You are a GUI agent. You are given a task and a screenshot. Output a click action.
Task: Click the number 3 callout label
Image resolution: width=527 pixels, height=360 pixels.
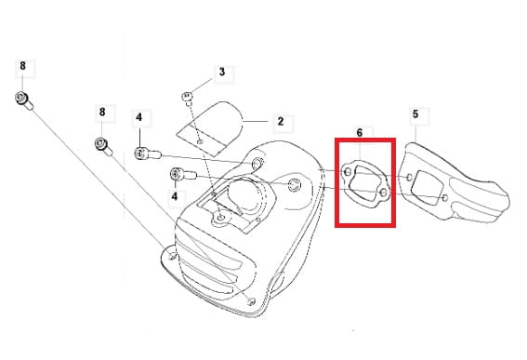coord(222,72)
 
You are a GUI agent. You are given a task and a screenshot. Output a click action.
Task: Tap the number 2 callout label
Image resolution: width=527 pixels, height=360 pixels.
coord(281,121)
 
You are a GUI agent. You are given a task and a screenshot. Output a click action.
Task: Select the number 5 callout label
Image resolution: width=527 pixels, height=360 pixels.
coord(415,114)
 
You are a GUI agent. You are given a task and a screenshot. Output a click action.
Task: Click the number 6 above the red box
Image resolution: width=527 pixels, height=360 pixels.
coord(360,133)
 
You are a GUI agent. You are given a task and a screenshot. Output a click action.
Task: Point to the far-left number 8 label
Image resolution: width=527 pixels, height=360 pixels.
coord(22,66)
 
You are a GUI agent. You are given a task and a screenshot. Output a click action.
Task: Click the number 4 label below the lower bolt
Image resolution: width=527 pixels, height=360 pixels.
coord(175,195)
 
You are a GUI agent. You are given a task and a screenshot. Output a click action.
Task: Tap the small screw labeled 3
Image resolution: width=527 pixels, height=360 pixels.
coord(187,98)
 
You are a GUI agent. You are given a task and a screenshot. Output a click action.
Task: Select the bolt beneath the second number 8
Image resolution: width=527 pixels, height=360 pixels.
coord(103,147)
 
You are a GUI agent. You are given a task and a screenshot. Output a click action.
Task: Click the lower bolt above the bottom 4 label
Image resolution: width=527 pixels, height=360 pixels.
coord(183,175)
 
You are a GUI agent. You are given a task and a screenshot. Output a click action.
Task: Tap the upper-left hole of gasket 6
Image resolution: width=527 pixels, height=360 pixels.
coord(349,172)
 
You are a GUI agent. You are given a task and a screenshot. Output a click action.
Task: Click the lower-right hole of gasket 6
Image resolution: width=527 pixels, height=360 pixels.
coord(384,193)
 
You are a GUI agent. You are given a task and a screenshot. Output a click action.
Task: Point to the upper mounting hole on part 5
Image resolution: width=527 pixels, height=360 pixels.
coord(410,178)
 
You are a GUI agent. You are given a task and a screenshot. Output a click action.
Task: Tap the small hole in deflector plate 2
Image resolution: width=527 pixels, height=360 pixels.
coord(201,142)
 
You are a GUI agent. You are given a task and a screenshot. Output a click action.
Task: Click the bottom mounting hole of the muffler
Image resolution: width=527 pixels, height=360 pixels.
coord(251,301)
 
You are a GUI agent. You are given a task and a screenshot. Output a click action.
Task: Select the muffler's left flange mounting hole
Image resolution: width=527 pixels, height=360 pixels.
coord(173,257)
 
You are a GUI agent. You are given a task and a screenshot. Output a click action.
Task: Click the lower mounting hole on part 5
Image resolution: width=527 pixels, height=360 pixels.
coord(445,198)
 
